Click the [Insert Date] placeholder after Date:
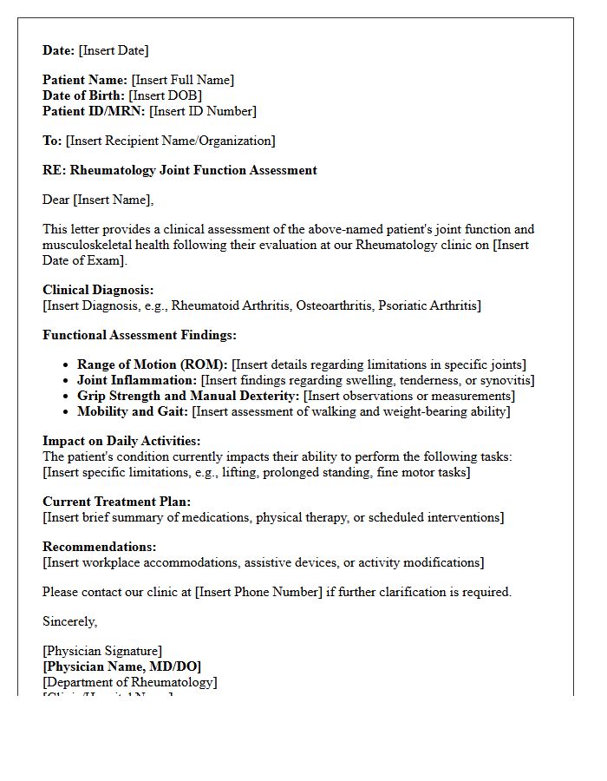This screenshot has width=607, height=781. [113, 50]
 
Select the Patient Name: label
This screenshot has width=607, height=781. [85, 80]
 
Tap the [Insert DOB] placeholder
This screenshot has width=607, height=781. [165, 95]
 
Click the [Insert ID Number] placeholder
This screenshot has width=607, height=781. [203, 111]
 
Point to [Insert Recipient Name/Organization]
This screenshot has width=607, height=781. [170, 141]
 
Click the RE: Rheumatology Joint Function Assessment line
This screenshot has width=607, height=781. [179, 170]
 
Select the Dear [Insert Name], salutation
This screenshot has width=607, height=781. [98, 200]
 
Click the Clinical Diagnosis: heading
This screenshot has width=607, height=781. [98, 290]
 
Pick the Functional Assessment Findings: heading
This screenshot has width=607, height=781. [140, 335]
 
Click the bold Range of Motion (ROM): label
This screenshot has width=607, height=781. [153, 364]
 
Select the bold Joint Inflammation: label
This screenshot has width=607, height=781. [137, 380]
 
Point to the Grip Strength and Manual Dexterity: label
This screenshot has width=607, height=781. [188, 396]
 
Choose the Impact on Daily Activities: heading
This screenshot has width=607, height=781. [121, 441]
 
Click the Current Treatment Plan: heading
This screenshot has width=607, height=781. [117, 502]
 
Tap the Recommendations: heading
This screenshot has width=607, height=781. [100, 547]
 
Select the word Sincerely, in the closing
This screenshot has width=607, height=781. [70, 621]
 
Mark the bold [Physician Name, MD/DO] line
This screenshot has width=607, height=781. [122, 666]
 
